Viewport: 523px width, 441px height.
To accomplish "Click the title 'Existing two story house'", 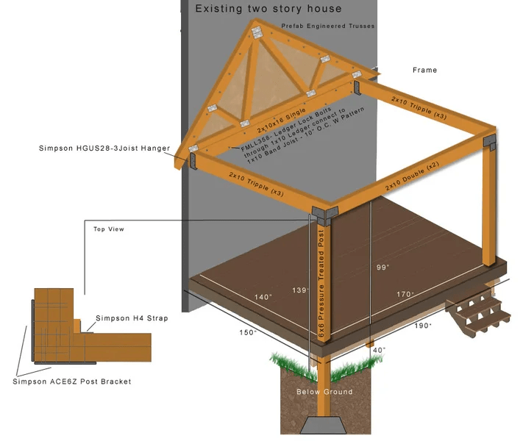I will click(268, 9).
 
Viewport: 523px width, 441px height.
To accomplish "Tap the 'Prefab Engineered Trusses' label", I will click(328, 26).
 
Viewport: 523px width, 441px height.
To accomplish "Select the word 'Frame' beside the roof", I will click(424, 71).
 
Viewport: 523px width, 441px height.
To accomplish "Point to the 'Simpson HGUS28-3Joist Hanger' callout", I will click(104, 148).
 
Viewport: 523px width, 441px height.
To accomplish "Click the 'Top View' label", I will click(109, 229).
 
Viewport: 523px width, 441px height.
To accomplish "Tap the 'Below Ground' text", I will click(324, 392).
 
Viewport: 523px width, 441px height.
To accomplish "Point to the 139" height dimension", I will click(299, 291).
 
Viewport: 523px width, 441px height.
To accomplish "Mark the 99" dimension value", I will click(382, 267).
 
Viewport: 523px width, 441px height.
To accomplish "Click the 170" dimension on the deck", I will click(405, 294).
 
